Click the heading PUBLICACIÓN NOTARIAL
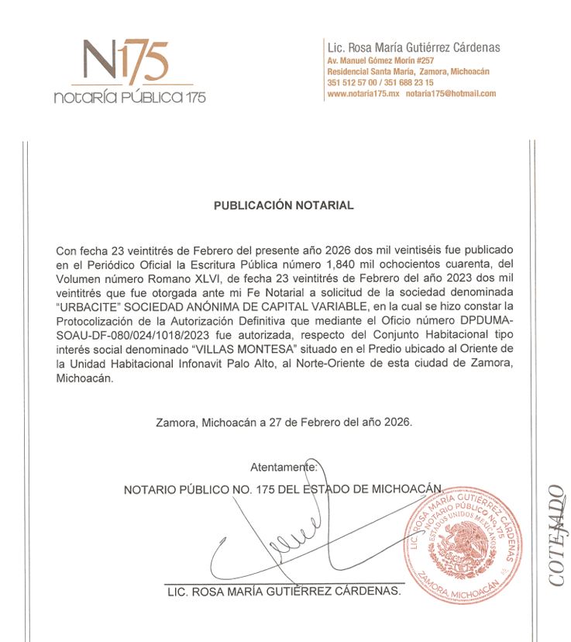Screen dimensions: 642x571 click(284, 205)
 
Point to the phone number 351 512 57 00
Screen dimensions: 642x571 click(353, 82)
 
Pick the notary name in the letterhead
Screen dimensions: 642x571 click(414, 47)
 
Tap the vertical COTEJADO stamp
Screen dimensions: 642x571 click(557, 535)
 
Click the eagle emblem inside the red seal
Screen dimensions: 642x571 click(469, 542)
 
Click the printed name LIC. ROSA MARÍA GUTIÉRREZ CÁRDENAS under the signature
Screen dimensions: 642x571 click(284, 592)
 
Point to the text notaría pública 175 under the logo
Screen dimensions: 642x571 click(129, 98)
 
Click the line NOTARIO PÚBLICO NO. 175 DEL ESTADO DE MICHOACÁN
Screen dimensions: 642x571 click(283, 490)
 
